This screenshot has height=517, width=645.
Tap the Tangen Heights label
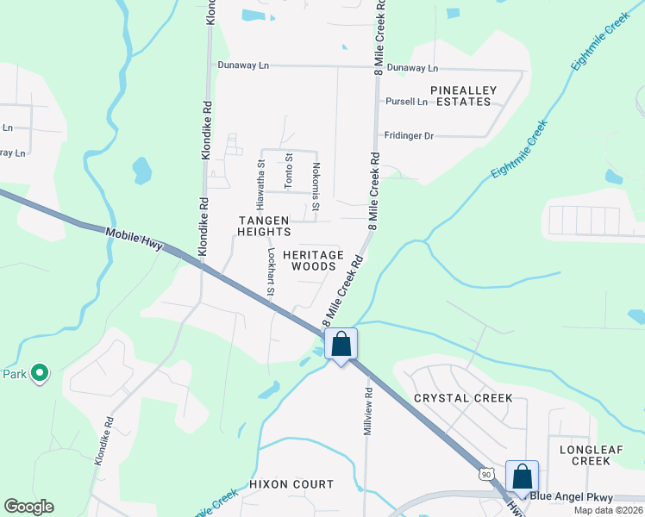point(265,226)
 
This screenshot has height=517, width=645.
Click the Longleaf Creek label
point(585,455)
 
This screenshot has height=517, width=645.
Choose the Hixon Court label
point(291,484)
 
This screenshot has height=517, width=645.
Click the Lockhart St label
point(270,274)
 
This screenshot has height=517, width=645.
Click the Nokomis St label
point(316,186)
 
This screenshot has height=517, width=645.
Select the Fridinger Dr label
point(409,135)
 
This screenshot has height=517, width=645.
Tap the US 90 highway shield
point(488,473)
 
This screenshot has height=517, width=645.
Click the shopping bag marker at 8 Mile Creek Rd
point(341,344)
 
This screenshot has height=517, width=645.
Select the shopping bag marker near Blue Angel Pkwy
point(522,477)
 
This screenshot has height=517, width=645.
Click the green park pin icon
point(39,373)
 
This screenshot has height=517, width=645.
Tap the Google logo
point(28,507)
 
